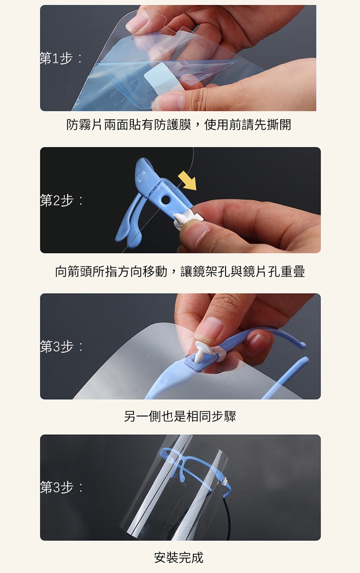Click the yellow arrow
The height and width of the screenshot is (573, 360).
point(188,181)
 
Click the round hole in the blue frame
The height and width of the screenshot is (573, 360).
point(165,200)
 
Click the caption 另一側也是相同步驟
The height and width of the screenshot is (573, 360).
point(180,416)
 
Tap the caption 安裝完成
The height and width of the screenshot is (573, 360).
point(179,558)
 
